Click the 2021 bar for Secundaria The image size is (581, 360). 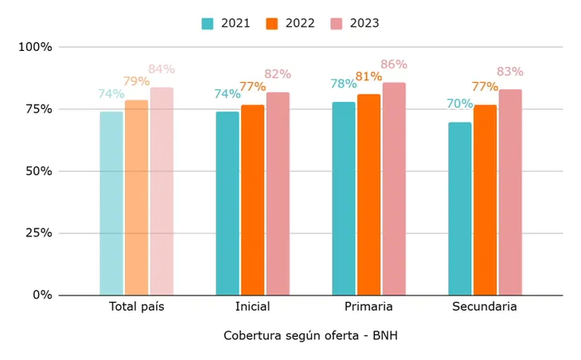459,209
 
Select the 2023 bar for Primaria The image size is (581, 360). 393,189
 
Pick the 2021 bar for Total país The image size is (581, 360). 111,203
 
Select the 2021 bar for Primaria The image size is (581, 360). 344,198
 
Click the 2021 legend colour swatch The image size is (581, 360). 208,24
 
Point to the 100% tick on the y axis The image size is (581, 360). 35,47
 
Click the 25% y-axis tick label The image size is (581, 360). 38,233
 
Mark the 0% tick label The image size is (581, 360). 42,295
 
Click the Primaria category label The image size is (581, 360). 368,307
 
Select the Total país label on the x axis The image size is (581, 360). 136,307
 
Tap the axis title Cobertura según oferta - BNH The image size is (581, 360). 310,336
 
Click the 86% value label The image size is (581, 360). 393,65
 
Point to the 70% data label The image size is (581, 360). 459,104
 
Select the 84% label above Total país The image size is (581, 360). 162,69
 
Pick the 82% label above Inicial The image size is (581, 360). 278,74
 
